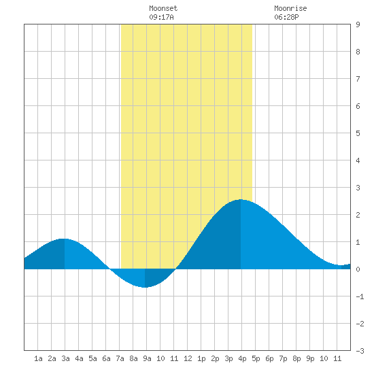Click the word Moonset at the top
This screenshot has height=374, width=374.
[x=163, y=8]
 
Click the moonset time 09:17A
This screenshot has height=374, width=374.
[x=161, y=17]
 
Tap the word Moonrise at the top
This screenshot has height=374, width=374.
[x=290, y=8]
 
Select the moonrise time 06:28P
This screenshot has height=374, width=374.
[x=286, y=17]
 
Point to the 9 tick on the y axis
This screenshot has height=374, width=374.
[x=358, y=24]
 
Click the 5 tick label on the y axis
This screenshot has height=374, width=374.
[x=358, y=133]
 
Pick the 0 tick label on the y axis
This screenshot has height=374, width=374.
[x=358, y=269]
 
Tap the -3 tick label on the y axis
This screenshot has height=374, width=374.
[x=360, y=351]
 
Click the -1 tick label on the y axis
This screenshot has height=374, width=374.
[x=360, y=296]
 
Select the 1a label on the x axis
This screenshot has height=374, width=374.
[x=38, y=358]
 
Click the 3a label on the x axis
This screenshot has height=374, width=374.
[x=65, y=358]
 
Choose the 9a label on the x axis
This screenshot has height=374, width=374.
[x=147, y=358]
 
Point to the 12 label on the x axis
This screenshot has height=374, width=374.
[x=188, y=358]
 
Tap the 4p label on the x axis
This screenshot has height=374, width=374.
[x=242, y=358]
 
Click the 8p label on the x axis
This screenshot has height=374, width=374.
[x=296, y=358]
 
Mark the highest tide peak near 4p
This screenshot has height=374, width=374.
[x=241, y=200]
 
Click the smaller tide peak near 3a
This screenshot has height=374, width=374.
[x=64, y=239]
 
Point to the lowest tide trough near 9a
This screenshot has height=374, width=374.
[x=145, y=287]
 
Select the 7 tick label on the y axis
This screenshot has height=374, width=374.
[x=358, y=79]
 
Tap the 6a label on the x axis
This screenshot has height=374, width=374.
[x=106, y=358]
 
